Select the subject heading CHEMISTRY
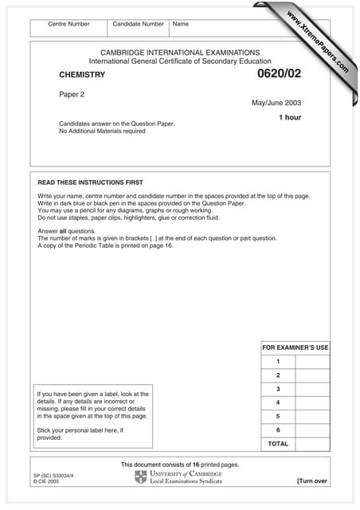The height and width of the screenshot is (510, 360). [82, 75]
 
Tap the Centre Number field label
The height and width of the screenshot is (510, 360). [68, 24]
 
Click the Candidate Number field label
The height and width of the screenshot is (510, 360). [139, 24]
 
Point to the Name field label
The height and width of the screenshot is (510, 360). [181, 24]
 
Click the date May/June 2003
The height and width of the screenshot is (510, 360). [276, 102]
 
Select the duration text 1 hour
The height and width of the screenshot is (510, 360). [289, 117]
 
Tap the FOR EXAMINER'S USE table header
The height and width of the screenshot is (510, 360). [295, 347]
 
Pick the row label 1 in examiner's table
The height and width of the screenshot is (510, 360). [278, 361]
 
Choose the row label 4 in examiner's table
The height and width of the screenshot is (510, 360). [278, 402]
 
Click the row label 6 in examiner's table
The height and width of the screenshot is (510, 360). [278, 430]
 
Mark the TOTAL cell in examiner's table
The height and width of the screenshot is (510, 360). [278, 443]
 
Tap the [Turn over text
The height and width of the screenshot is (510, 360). [311, 481]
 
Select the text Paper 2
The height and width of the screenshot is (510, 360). [72, 93]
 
